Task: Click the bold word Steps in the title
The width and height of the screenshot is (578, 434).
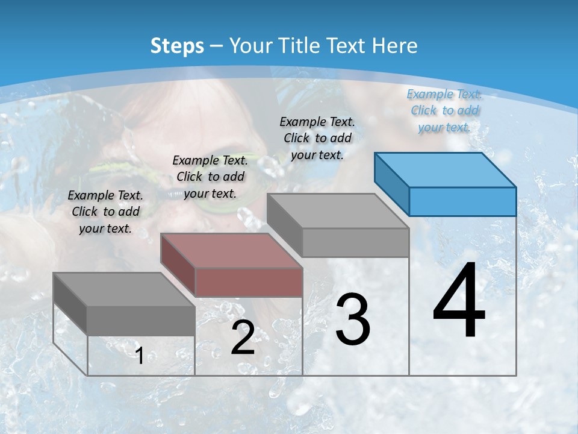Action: click(x=176, y=46)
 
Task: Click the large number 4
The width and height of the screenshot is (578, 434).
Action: click(x=459, y=302)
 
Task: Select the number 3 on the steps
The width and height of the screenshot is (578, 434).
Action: click(x=352, y=319)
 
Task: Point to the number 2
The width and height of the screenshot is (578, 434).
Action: click(x=243, y=338)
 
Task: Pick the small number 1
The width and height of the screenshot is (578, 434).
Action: click(x=139, y=356)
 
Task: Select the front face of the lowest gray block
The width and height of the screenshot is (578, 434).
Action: click(x=141, y=321)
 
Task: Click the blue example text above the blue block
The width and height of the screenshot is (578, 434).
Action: click(x=444, y=110)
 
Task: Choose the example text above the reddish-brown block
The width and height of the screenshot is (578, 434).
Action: click(x=210, y=177)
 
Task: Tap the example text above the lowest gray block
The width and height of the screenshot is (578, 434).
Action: click(x=105, y=212)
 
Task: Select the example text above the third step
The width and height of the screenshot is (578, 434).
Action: click(x=317, y=138)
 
